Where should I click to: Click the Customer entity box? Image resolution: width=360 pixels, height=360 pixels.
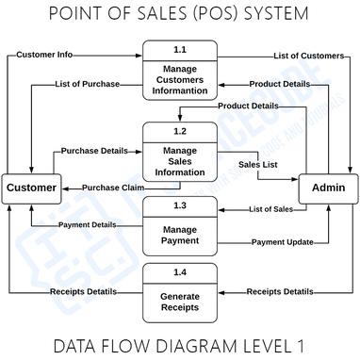tap(31, 188)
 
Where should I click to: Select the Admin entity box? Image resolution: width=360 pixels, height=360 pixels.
tap(328, 188)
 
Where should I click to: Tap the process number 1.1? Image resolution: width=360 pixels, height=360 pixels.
tap(180, 49)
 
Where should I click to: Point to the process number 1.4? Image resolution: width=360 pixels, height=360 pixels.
tap(180, 272)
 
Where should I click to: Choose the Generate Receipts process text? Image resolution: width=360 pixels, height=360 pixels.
tap(180, 301)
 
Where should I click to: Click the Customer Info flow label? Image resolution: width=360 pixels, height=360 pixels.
tap(44, 55)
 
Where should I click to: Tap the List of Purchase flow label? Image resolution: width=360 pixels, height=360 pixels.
tap(89, 84)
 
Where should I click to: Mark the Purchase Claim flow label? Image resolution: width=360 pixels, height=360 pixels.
tap(113, 187)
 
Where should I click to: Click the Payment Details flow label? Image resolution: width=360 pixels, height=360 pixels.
tap(88, 224)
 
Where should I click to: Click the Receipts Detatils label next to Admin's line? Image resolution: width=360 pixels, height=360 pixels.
tap(280, 291)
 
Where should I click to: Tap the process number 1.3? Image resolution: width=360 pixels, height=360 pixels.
tap(180, 205)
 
